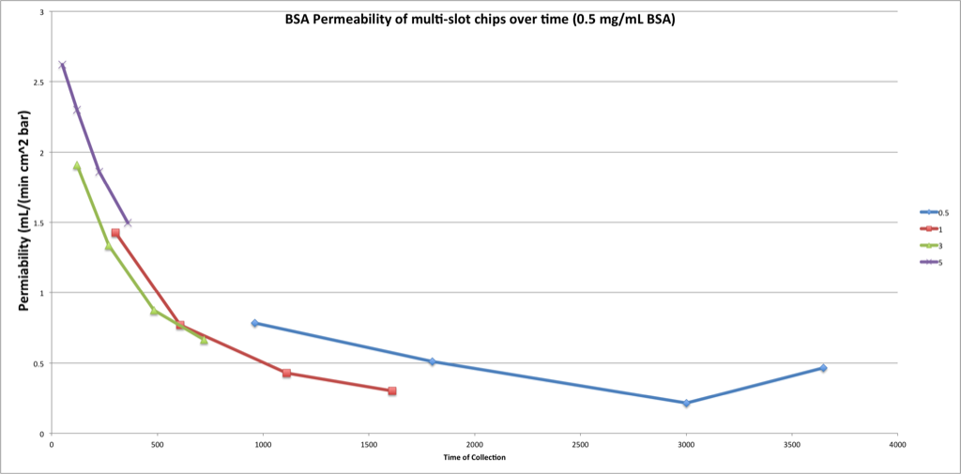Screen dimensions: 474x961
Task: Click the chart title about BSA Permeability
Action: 480,19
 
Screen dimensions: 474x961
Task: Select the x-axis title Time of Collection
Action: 475,457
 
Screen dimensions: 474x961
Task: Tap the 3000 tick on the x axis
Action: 686,444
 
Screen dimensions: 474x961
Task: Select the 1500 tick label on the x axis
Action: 369,444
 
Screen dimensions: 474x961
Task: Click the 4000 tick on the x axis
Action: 897,444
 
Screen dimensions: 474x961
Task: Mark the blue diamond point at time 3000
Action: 686,404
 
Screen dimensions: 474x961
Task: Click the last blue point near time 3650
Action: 823,368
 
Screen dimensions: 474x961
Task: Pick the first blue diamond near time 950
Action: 254,323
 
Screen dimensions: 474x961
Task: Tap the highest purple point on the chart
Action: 62,65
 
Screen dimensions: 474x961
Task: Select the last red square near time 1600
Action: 391,390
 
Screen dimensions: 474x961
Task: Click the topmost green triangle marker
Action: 77,166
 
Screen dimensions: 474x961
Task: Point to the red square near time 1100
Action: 286,374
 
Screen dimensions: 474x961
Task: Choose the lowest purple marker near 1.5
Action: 128,222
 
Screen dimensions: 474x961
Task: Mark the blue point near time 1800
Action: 432,361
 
